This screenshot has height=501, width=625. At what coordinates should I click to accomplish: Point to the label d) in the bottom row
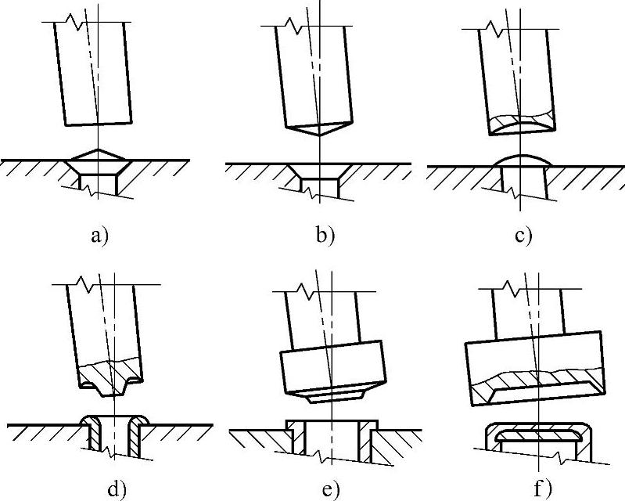[x=115, y=489]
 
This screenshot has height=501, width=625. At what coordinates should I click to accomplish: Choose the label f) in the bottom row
[x=541, y=489]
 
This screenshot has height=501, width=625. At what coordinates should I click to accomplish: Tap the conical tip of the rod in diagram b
[x=319, y=134]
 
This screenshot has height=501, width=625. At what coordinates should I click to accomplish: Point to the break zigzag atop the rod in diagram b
[x=292, y=26]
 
